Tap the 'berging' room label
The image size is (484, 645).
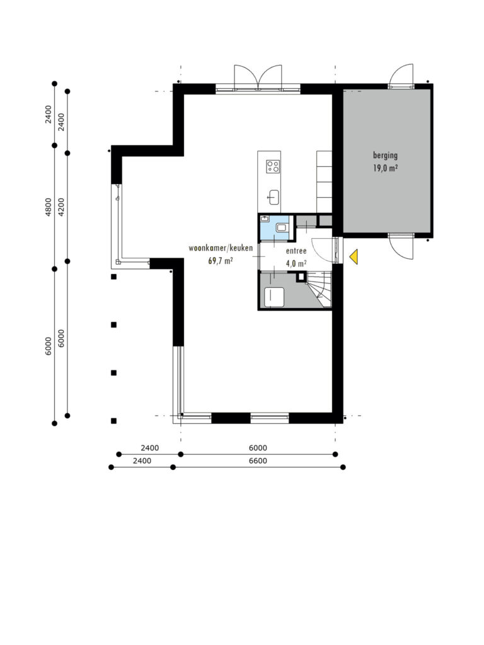(385, 156)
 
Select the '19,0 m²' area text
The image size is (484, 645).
(385, 168)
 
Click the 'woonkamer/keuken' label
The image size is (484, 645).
(221, 248)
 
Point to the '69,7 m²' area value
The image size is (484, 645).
(221, 260)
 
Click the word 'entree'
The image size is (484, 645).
(296, 251)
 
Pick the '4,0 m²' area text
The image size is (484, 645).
(296, 264)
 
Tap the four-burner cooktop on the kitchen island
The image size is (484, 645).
(273, 166)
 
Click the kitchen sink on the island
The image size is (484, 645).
(274, 197)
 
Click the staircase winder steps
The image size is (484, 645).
(321, 288)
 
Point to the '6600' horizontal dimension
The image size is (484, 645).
(258, 460)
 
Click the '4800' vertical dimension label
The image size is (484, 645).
(49, 207)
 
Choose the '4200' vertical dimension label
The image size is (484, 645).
(61, 207)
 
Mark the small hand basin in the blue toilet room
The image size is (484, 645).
(265, 219)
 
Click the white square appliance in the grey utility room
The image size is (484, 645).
(274, 297)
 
